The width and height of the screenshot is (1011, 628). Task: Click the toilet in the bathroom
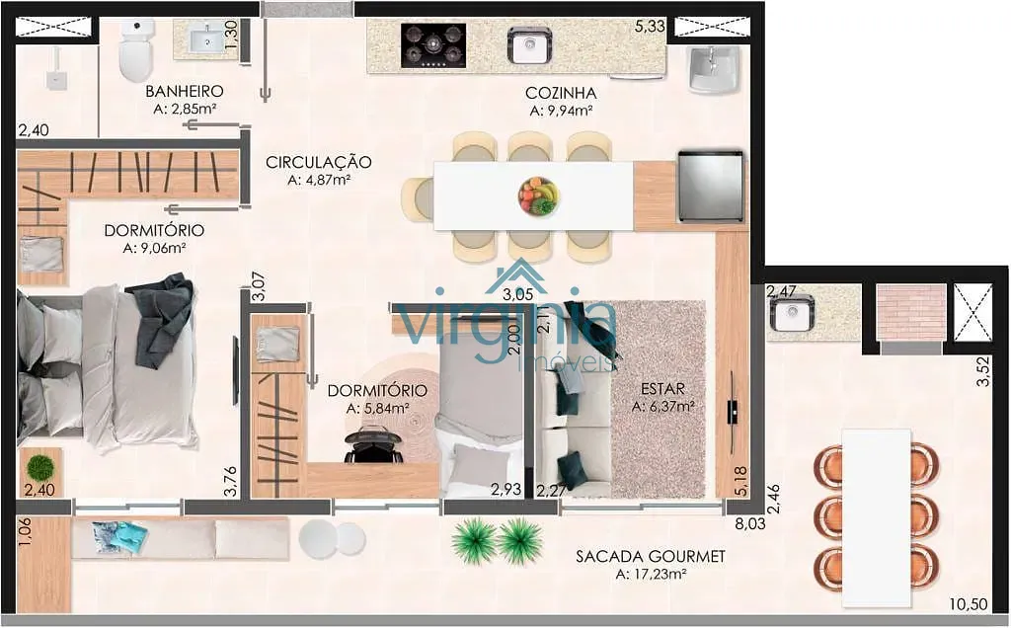tap(136, 49)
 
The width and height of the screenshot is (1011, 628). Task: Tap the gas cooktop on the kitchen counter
tap(433, 45)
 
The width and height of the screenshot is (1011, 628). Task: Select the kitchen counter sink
tap(529, 45)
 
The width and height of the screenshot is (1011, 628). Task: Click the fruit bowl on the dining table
tap(538, 196)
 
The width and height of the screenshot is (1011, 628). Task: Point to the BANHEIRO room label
tap(185, 92)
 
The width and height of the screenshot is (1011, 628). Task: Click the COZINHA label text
tap(561, 93)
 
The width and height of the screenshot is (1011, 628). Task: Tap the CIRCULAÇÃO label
tap(319, 162)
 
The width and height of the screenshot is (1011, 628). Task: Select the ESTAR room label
tap(662, 389)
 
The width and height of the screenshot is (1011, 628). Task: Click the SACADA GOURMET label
tap(650, 556)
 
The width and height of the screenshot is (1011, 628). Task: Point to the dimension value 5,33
tap(650, 27)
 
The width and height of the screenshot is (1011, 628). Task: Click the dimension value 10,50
tap(969, 604)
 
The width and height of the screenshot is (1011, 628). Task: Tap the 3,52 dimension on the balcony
tap(982, 372)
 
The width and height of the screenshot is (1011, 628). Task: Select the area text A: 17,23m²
tap(650, 574)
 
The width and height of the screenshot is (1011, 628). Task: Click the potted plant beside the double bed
tap(40, 465)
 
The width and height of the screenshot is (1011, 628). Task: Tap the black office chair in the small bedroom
tap(374, 446)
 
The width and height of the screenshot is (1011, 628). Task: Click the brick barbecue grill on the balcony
tap(911, 312)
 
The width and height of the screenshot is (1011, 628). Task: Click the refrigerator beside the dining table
tap(710, 187)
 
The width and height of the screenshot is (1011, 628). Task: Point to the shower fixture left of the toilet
tap(56, 70)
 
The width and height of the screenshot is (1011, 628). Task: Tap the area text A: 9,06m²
tap(155, 248)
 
